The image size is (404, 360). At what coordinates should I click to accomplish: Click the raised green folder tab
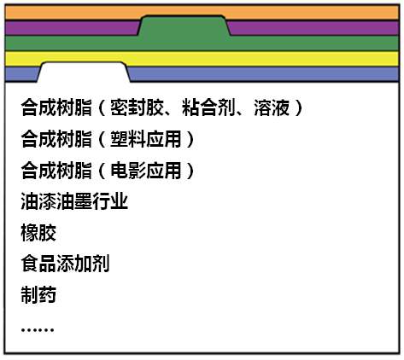[184, 26]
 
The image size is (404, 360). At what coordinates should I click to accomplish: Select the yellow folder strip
[202, 59]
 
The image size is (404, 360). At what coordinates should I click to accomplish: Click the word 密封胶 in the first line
[137, 107]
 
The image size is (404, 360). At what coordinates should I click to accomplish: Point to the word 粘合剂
[208, 107]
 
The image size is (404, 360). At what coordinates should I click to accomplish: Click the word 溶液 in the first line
[272, 107]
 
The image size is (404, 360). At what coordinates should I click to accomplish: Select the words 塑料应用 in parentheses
[146, 139]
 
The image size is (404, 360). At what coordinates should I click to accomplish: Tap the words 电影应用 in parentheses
[146, 171]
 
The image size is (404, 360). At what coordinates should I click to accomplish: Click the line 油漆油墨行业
[74, 201]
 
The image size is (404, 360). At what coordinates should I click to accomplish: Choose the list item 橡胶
[38, 233]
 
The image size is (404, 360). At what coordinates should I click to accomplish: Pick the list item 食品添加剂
[65, 264]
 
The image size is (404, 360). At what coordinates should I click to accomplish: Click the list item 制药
[38, 294]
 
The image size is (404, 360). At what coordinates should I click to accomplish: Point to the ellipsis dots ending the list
[38, 330]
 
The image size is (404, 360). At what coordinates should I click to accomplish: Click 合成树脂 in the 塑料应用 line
[56, 139]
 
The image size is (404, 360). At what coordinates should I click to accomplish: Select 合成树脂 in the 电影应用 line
[56, 171]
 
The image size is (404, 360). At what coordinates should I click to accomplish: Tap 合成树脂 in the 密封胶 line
[56, 107]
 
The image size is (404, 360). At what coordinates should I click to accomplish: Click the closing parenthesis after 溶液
[299, 107]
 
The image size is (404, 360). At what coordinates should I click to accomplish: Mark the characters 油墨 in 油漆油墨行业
[74, 201]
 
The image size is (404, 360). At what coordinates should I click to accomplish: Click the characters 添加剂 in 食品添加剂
[83, 264]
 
